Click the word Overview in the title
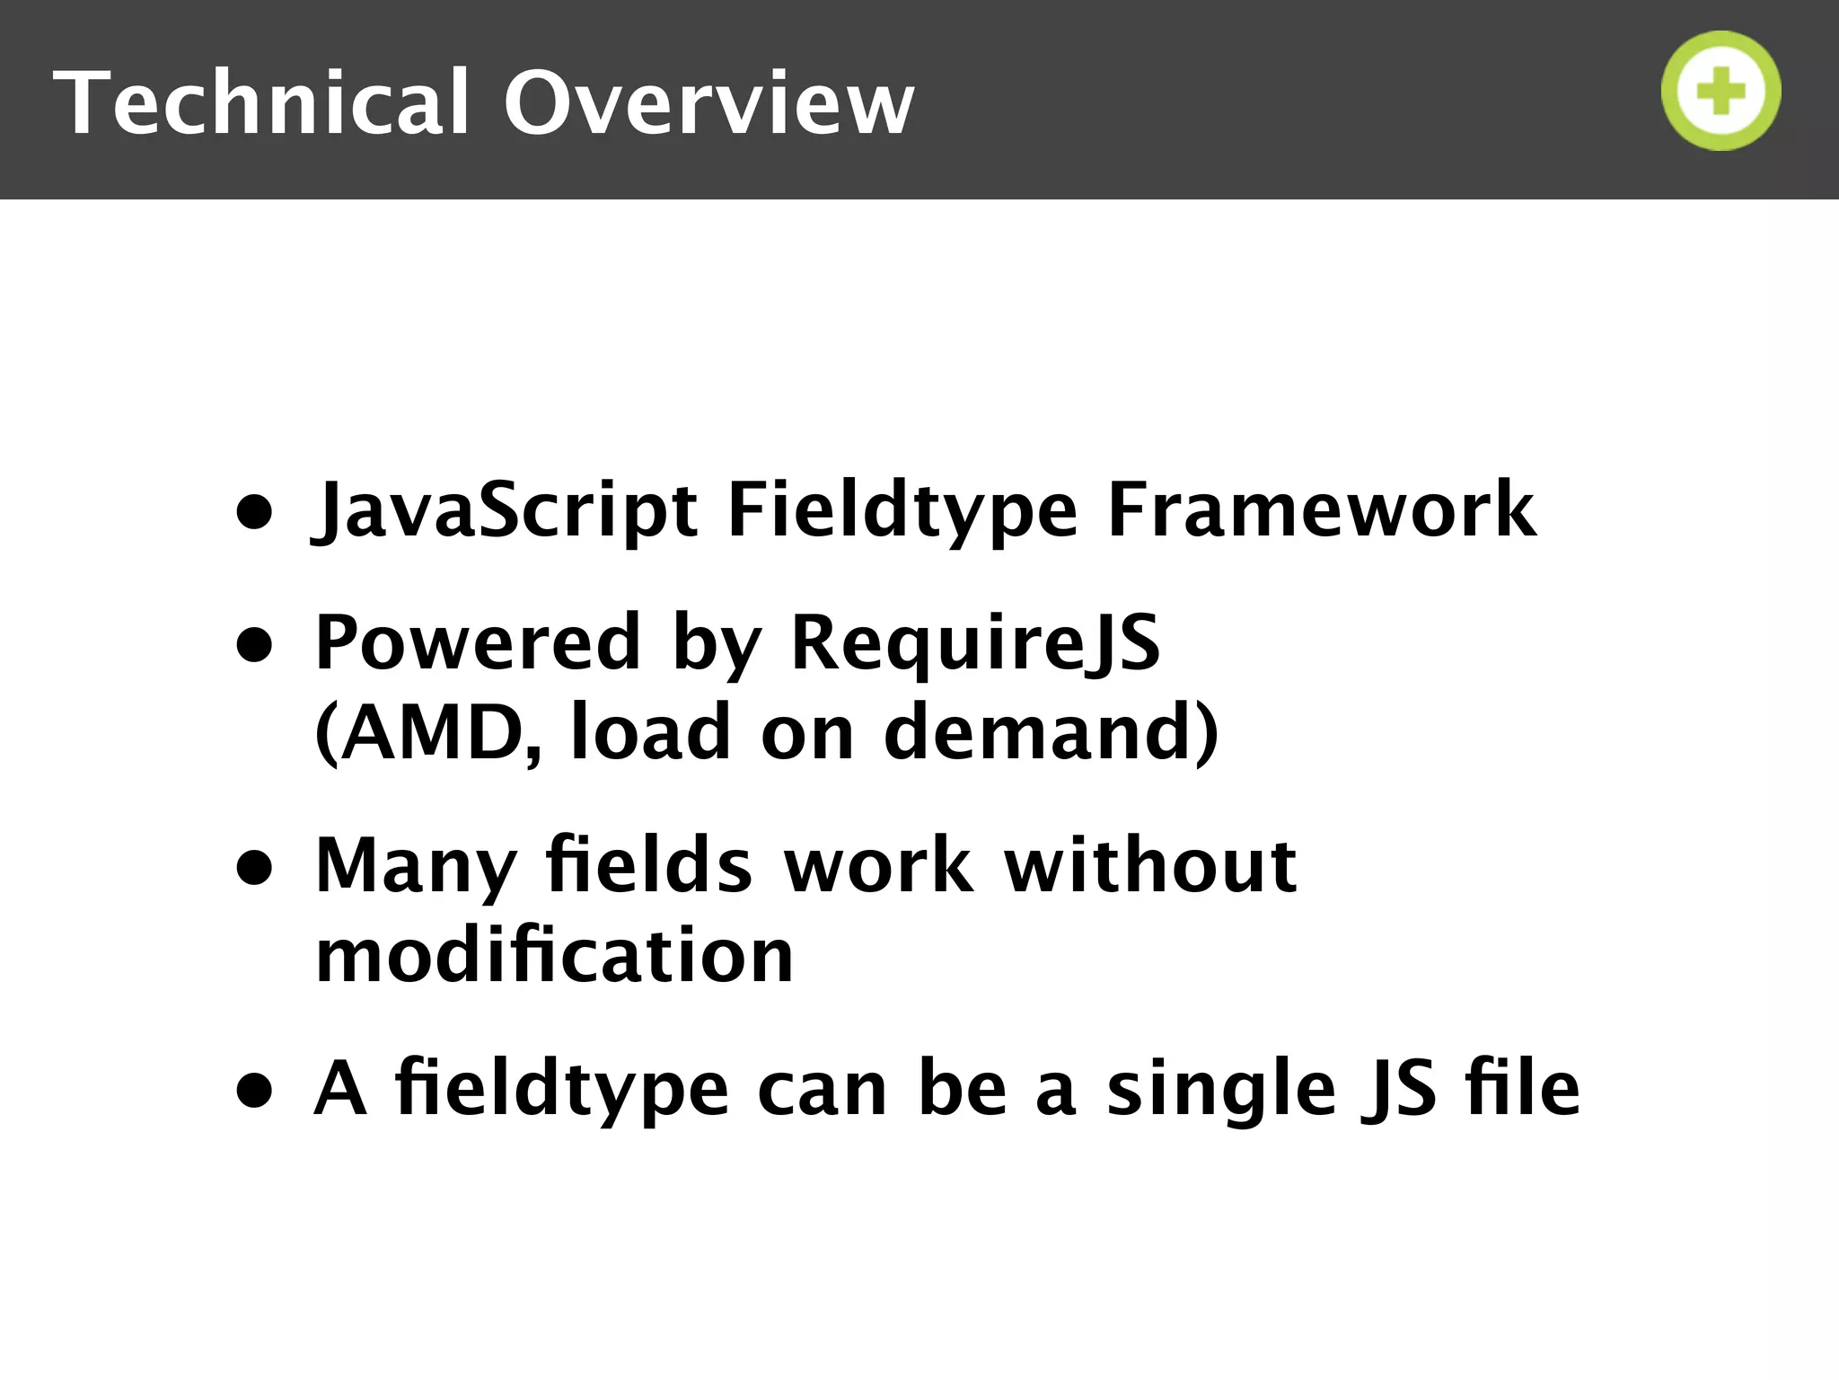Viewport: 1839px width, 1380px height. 708,102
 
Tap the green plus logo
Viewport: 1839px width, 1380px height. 1720,91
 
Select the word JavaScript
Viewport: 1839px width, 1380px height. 505,509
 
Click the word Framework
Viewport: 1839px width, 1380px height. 1321,509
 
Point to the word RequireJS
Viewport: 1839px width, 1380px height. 975,642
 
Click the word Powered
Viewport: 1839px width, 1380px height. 478,642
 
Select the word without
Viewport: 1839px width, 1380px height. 1150,865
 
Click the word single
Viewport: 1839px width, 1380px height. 1221,1088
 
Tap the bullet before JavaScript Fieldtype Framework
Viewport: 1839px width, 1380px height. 254,512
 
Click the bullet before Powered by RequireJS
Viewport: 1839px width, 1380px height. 254,645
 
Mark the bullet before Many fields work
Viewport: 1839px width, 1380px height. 254,868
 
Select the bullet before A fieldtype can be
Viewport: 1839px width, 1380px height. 254,1091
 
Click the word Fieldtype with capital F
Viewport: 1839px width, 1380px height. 902,509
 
